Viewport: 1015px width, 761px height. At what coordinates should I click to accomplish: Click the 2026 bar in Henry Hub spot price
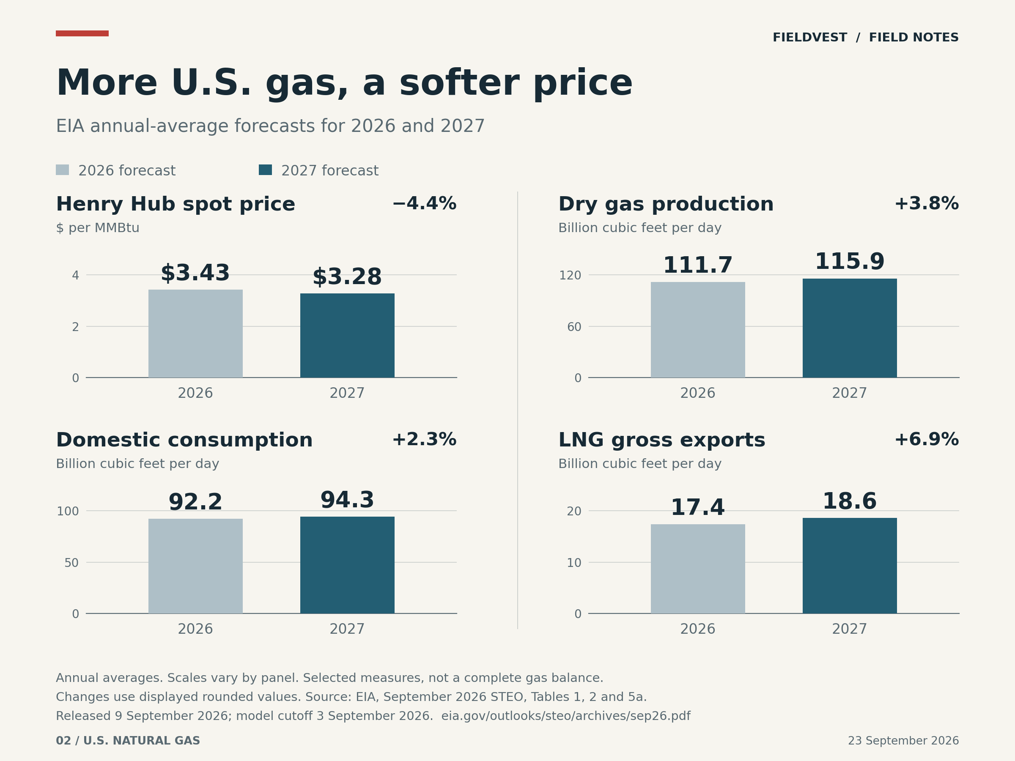coord(195,334)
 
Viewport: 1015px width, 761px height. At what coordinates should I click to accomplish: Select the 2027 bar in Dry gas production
coord(850,328)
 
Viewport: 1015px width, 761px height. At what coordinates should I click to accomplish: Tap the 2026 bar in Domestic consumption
coord(195,566)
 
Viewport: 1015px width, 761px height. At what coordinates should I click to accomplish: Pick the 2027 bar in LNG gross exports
coord(850,566)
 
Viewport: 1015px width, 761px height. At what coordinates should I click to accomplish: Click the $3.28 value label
coord(347,277)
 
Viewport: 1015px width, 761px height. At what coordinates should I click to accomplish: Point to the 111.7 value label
coord(698,266)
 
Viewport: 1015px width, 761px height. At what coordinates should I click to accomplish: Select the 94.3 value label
coord(347,500)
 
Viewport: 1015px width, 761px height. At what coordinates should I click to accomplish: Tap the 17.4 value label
coord(698,508)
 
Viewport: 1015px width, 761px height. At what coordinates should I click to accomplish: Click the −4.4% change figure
coord(425,204)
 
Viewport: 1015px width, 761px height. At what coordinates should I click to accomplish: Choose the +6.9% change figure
coord(927,439)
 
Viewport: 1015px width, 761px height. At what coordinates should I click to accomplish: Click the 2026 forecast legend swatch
coord(63,170)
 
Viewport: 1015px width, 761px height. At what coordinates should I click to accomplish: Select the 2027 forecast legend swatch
coord(265,170)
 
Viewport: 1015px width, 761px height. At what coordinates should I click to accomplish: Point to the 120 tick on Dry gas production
coord(570,275)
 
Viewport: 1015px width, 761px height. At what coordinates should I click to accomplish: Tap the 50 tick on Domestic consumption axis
coord(71,563)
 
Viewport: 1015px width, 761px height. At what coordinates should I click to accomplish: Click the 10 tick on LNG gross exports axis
coord(574,563)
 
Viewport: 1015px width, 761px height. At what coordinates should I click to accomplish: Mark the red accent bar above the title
coord(82,33)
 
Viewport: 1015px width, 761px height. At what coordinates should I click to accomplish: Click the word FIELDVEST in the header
coord(810,38)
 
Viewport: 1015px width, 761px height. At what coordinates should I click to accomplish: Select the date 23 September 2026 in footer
coord(903,741)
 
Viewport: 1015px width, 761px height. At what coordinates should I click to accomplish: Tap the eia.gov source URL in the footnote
coord(566,716)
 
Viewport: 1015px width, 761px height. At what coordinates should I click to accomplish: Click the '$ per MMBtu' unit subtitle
coord(98,228)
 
